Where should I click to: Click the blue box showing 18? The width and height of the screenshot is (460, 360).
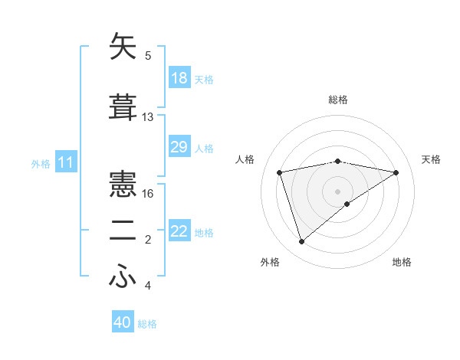(179, 78)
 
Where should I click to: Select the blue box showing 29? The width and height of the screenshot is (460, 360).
(179, 147)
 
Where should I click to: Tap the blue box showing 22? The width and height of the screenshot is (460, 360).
(179, 231)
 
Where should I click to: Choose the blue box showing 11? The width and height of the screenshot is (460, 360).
(66, 162)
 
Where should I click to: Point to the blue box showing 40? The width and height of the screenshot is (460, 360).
(123, 322)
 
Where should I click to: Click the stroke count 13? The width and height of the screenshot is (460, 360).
(148, 117)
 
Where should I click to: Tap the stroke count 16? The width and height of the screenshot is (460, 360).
(148, 194)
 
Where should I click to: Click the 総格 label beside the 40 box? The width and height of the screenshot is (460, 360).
(147, 324)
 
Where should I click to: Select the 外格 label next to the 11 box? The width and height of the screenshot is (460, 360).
(40, 163)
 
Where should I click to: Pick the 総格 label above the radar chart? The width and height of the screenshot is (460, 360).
(337, 100)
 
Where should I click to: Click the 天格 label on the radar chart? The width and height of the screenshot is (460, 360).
(431, 159)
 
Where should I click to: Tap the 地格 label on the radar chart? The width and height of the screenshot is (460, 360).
(402, 262)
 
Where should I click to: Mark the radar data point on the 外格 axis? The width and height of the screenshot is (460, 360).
(301, 242)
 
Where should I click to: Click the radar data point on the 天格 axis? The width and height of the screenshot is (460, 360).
(396, 172)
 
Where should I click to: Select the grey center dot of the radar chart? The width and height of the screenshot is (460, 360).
(337, 191)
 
